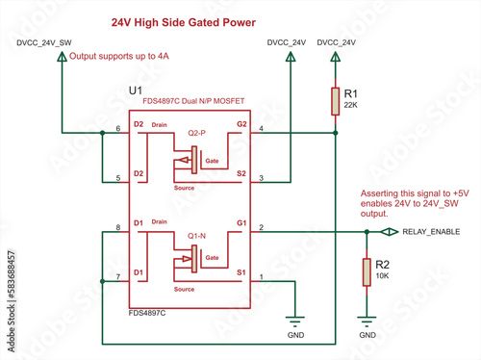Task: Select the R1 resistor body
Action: (x=336, y=101)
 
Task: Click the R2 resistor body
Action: (x=367, y=272)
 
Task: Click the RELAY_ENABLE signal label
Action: (x=430, y=232)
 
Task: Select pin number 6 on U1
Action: (x=118, y=127)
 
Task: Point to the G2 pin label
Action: (x=240, y=125)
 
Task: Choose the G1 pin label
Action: (x=240, y=225)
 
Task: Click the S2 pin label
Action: (x=240, y=173)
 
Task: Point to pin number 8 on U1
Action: (x=118, y=227)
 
